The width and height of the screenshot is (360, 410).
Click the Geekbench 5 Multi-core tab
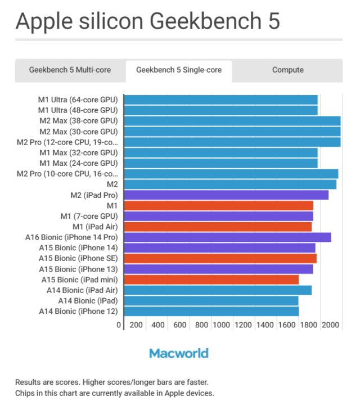click(70, 70)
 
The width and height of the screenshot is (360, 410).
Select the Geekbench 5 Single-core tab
click(179, 70)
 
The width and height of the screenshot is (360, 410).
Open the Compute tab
click(287, 70)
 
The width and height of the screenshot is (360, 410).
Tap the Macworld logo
click(179, 353)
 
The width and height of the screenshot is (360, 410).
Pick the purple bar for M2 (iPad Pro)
click(226, 195)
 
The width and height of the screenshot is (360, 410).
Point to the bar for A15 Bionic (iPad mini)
click(211, 280)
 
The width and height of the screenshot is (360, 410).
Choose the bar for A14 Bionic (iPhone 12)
click(211, 311)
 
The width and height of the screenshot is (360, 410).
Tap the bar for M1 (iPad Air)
click(217, 227)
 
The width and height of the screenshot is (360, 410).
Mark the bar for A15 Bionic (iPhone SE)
click(220, 258)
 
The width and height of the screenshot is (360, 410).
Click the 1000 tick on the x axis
click(222, 325)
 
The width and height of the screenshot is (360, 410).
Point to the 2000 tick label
click(331, 325)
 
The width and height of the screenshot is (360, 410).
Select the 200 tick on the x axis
click(136, 325)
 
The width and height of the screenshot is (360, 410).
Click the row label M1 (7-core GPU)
click(89, 216)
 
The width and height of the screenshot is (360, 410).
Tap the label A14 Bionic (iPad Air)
click(82, 290)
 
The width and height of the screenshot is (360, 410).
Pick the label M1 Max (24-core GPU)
click(78, 163)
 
